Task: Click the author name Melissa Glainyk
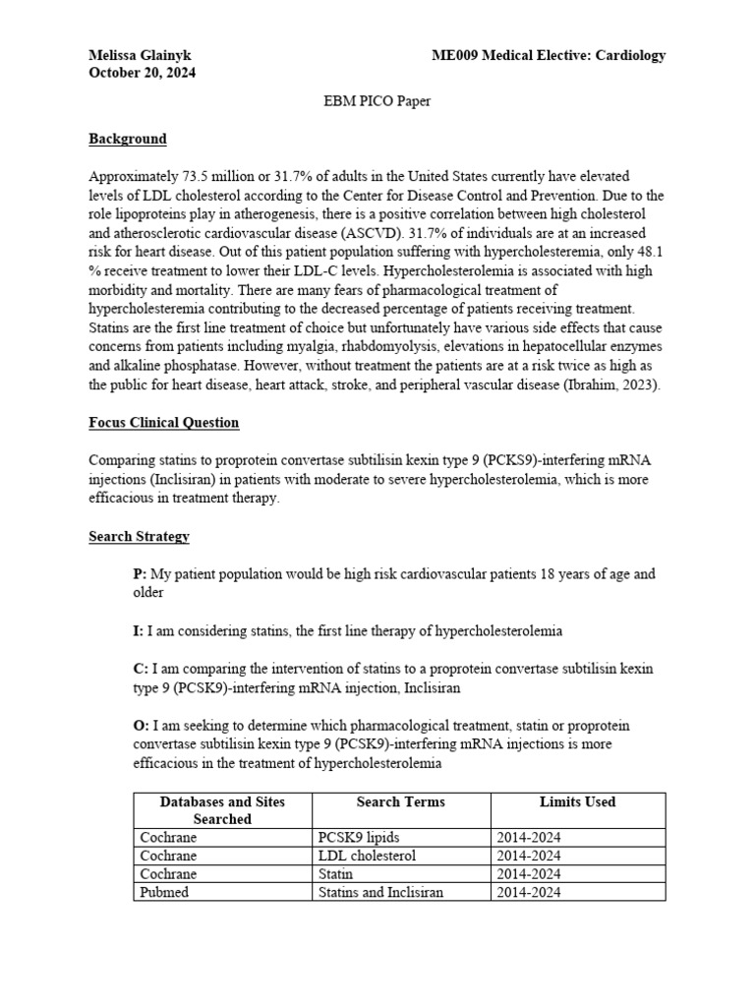click(x=141, y=55)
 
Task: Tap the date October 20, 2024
click(x=142, y=73)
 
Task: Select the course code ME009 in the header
click(x=457, y=55)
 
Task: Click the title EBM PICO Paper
click(x=377, y=100)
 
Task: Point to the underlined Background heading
click(x=128, y=139)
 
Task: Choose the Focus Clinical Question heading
click(x=163, y=423)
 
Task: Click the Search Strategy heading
click(x=139, y=536)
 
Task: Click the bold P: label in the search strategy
click(x=139, y=573)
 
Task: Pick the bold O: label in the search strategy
click(x=140, y=725)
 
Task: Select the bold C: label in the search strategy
click(x=139, y=668)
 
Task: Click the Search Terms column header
click(x=400, y=801)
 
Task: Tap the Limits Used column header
click(x=578, y=801)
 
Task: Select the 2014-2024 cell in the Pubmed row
click(x=529, y=892)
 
